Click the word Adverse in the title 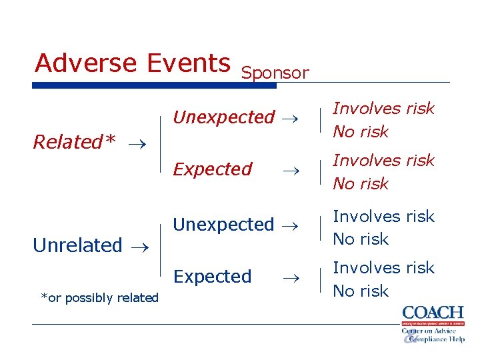[x=87, y=63]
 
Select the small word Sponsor [x=275, y=73]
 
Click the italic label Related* [x=74, y=142]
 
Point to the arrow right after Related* [x=137, y=143]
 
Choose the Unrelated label [x=77, y=245]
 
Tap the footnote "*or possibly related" [x=99, y=298]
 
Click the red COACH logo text [x=433, y=312]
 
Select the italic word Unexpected [x=223, y=117]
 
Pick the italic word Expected [x=213, y=169]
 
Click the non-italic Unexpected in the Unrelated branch [x=223, y=225]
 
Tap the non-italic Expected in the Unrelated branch [x=213, y=276]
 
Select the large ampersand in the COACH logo [x=410, y=337]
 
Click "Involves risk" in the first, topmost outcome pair [x=383, y=108]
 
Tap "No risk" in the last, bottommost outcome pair [x=361, y=291]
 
